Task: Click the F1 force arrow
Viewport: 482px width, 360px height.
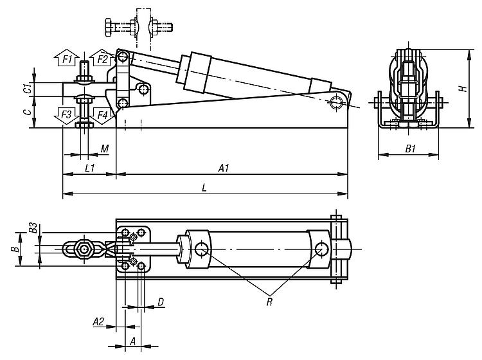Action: pos(67,57)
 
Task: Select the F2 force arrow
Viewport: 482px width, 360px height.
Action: pos(101,57)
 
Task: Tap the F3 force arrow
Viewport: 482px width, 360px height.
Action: pos(67,116)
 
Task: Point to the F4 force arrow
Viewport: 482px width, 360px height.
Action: pos(102,116)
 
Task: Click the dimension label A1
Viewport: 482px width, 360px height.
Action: pos(224,168)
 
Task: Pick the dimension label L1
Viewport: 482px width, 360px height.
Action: pos(90,168)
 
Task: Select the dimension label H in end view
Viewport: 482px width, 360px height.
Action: pos(463,88)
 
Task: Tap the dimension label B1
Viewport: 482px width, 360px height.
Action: pos(411,148)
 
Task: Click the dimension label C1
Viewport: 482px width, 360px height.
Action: pos(28,88)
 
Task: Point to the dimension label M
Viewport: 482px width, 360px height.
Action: pos(105,148)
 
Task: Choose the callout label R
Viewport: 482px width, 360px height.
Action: pos(269,302)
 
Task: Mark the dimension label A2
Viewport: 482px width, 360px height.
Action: pos(98,321)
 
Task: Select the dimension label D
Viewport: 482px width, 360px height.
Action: pos(161,302)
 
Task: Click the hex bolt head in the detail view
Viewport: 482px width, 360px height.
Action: pos(109,28)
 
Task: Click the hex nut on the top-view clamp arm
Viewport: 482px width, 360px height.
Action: pos(84,249)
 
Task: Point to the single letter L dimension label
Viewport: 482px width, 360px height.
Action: pos(204,188)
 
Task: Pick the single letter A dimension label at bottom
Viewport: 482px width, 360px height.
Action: pos(133,341)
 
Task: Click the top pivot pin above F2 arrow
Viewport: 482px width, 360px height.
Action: pos(123,57)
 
